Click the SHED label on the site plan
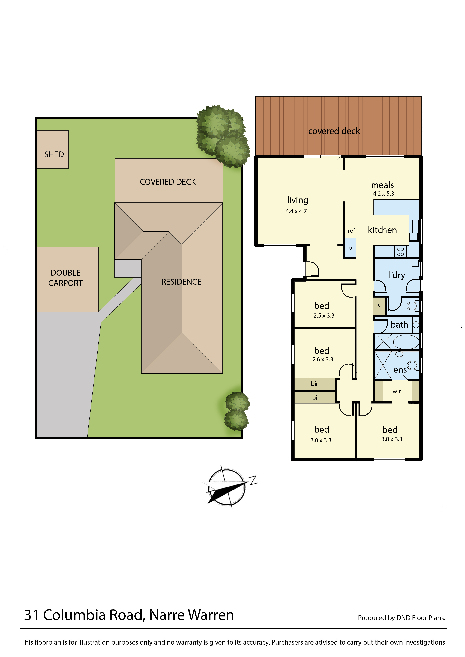[54, 155]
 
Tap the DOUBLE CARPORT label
[66, 278]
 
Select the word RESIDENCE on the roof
[181, 282]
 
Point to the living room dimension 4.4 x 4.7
[296, 211]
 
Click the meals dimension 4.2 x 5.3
[383, 194]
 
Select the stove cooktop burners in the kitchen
[400, 252]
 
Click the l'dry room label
[397, 275]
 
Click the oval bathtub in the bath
[406, 342]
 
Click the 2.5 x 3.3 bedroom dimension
[324, 316]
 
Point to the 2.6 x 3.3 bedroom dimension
[323, 359]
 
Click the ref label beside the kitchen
[351, 231]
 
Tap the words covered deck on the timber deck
[334, 131]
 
